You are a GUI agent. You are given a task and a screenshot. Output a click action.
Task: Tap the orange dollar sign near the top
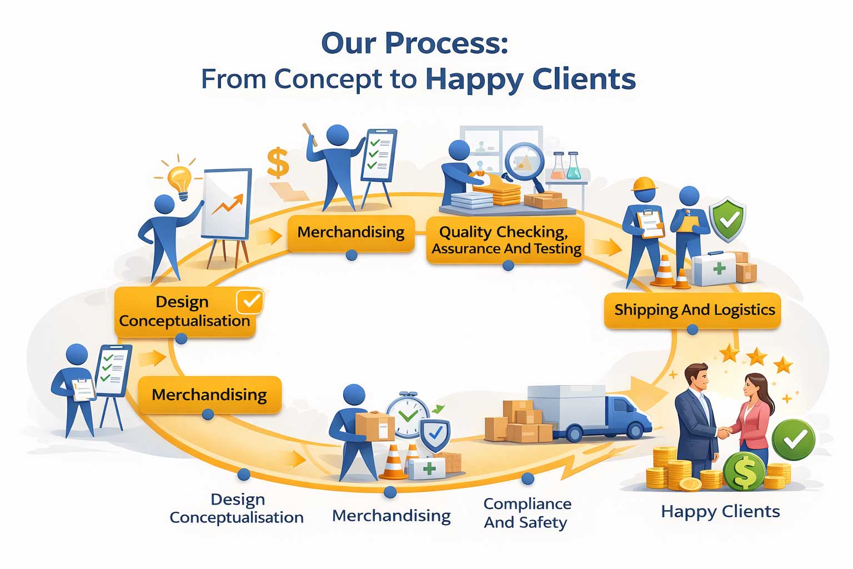pyautogui.click(x=278, y=162)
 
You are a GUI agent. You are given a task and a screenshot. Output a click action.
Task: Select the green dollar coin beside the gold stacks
pyautogui.click(x=745, y=471)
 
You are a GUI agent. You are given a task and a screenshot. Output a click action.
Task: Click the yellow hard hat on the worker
pyautogui.click(x=644, y=184)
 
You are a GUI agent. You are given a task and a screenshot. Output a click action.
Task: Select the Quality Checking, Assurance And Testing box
pyautogui.click(x=506, y=240)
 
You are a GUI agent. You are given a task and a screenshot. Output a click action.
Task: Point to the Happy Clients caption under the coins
pyautogui.click(x=720, y=511)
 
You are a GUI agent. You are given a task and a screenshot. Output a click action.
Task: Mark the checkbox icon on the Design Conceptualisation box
pyautogui.click(x=250, y=302)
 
